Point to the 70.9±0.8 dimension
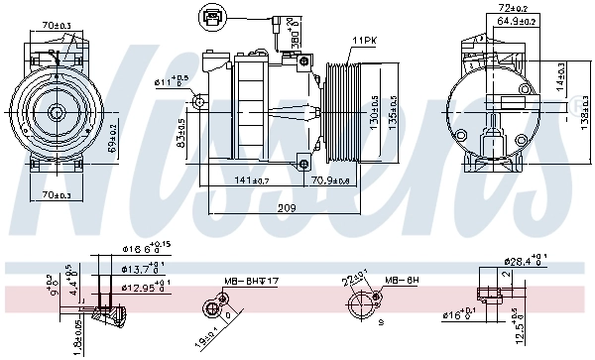[329, 180]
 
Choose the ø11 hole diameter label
[171, 81]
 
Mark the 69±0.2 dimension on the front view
[115, 134]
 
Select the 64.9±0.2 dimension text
[496, 19]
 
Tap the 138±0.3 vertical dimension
[587, 102]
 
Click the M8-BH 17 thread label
[251, 282]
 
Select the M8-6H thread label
[404, 281]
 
